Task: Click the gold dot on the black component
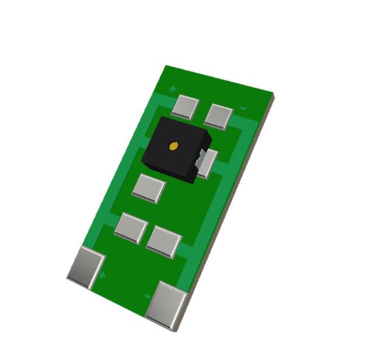click(x=173, y=145)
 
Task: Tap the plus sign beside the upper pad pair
click(x=173, y=89)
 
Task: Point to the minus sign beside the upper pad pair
click(x=243, y=108)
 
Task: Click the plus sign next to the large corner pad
click(x=102, y=275)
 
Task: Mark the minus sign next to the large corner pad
click(x=147, y=296)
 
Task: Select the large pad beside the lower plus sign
click(x=86, y=267)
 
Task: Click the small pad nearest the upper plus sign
click(x=185, y=107)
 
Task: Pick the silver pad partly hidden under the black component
click(x=206, y=163)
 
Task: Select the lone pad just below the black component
click(x=148, y=188)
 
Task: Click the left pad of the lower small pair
click(x=131, y=228)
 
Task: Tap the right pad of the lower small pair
click(x=164, y=241)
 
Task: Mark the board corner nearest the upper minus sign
click(x=273, y=94)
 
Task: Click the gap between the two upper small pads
click(x=202, y=111)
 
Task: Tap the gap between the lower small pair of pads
click(x=147, y=234)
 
